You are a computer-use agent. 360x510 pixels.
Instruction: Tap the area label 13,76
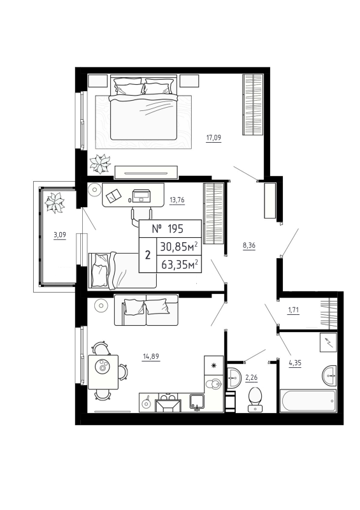tap(176, 199)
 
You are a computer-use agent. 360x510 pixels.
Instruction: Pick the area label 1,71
tap(294, 310)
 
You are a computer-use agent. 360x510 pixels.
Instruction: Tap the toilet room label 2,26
tap(253, 377)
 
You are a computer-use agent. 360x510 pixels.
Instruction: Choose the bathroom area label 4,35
tap(294, 363)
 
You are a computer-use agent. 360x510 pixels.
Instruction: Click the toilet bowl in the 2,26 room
tap(256, 398)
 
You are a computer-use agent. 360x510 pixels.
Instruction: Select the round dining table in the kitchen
tap(102, 367)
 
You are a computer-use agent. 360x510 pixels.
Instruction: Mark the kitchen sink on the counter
tap(196, 401)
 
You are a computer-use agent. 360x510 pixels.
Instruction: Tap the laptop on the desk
tap(141, 195)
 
